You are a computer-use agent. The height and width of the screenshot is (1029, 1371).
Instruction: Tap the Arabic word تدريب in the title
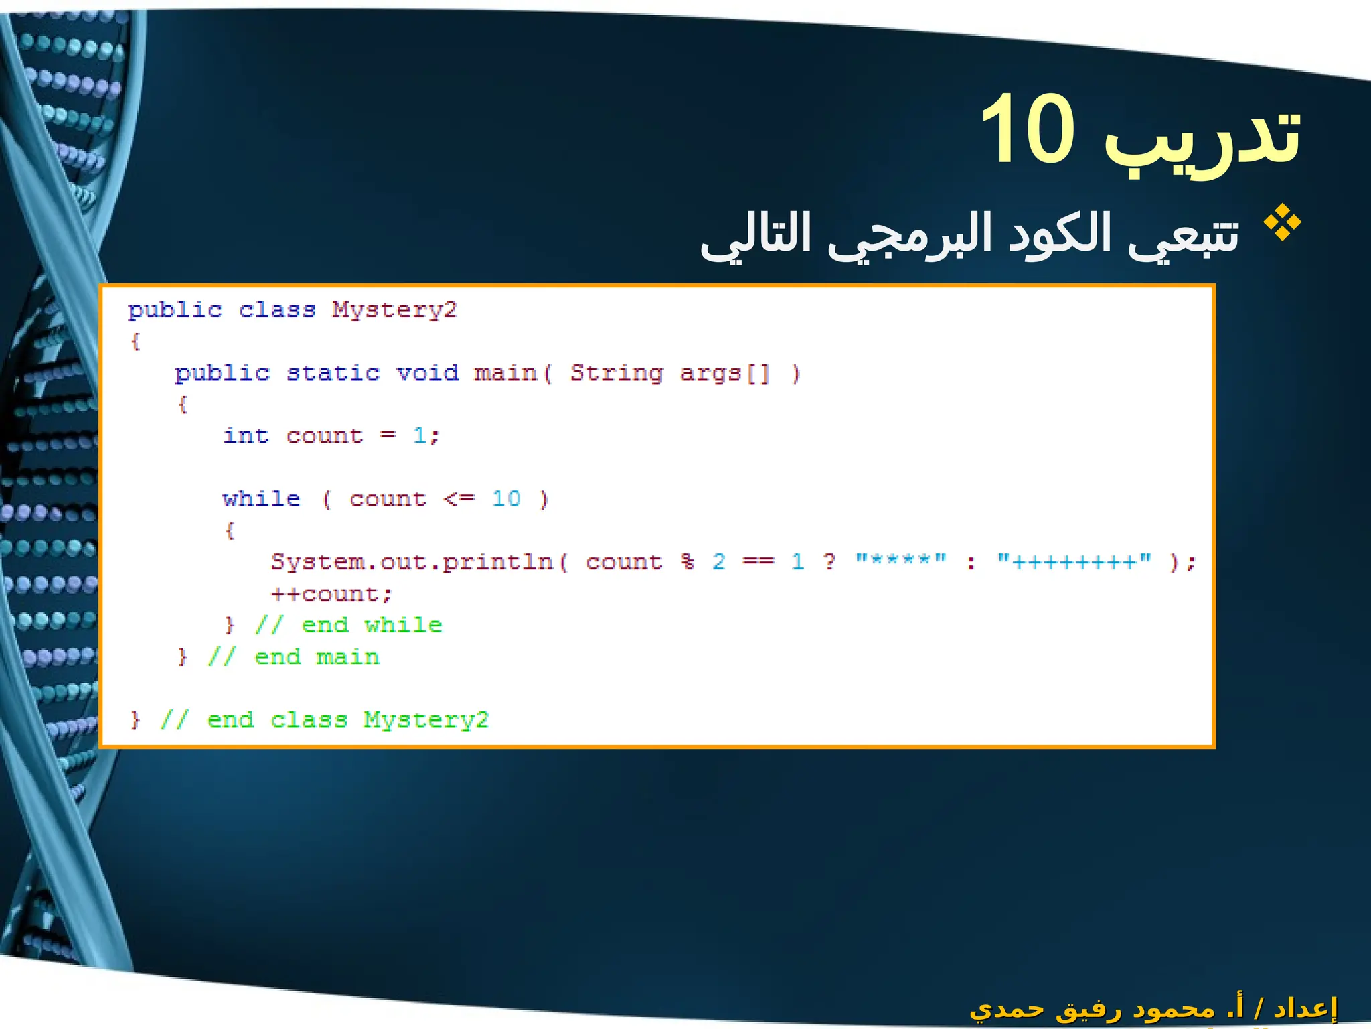(1202, 137)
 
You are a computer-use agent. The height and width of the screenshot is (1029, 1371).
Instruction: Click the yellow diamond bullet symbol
(1281, 223)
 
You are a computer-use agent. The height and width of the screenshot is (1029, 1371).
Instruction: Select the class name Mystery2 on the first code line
(394, 310)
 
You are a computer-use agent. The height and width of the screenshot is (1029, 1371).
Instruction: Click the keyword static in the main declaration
(333, 373)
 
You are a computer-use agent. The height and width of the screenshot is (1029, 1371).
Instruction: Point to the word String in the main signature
(617, 373)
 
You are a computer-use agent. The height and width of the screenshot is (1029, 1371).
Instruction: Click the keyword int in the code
(246, 436)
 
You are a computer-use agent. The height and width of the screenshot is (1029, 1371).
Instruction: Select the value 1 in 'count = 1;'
(419, 436)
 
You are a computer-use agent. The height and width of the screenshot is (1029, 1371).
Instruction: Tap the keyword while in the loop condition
(261, 499)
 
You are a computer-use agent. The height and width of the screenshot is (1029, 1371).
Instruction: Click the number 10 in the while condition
(505, 499)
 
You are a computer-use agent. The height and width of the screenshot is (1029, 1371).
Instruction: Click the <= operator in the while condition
(459, 500)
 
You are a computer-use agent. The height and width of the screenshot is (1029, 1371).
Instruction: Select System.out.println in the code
(412, 563)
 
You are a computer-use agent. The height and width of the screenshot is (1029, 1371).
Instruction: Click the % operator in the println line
(688, 562)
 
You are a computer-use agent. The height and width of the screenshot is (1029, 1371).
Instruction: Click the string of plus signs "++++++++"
(1074, 561)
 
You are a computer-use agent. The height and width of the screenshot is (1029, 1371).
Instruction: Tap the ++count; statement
(331, 594)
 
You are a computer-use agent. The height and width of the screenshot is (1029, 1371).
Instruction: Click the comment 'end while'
(372, 626)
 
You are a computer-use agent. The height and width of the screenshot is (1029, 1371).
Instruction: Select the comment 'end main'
(317, 657)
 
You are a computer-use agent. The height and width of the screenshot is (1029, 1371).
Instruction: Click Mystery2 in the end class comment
(426, 720)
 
